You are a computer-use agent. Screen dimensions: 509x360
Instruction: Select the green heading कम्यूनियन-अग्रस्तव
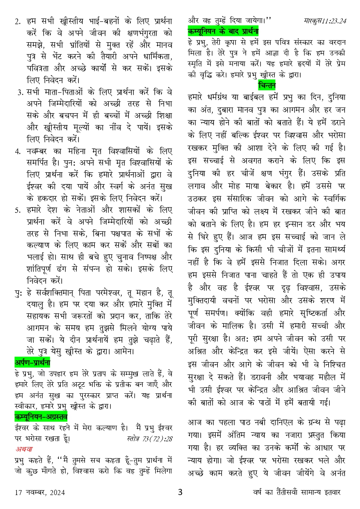(41, 417)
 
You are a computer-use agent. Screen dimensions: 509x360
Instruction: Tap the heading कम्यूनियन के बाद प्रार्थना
(223, 31)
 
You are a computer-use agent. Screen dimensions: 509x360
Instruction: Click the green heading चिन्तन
(267, 85)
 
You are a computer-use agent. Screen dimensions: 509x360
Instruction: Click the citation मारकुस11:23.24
(326, 20)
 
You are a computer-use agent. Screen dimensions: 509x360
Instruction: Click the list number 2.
(17, 22)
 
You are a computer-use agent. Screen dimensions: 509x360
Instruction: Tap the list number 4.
(17, 151)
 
